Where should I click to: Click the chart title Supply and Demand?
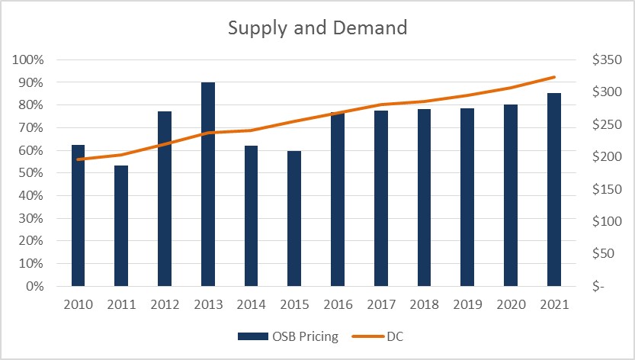(318, 29)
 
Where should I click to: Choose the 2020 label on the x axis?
(511, 304)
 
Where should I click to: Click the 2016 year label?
(338, 304)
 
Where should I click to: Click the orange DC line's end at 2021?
(554, 77)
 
